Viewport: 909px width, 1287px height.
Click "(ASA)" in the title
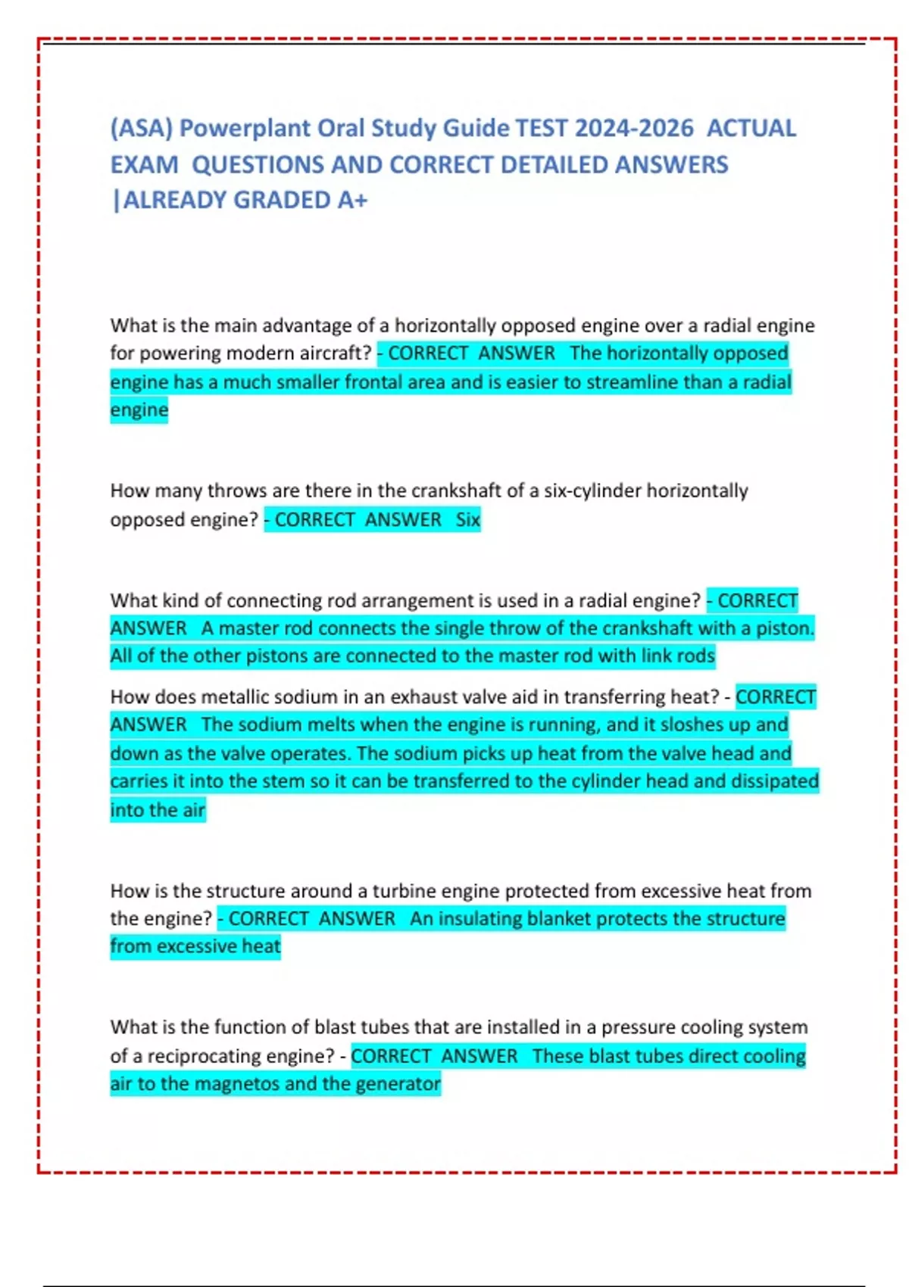[142, 128]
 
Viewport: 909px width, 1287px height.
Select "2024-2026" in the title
[633, 128]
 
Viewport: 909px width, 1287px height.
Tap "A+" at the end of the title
[352, 200]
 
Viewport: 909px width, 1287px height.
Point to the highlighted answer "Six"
[467, 519]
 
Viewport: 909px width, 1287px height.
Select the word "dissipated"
[774, 781]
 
